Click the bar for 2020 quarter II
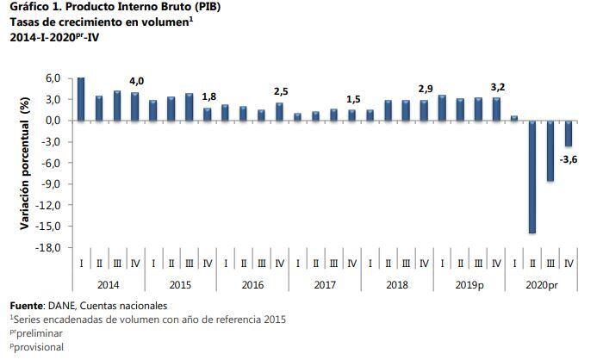click(x=532, y=177)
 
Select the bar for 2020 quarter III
click(x=550, y=151)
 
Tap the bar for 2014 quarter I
click(x=81, y=99)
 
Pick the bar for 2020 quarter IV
click(x=569, y=133)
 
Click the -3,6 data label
click(x=569, y=159)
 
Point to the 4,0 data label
click(x=136, y=81)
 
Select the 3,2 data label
click(x=497, y=86)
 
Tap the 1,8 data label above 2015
click(x=208, y=97)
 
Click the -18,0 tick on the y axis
click(x=47, y=248)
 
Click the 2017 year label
click(x=325, y=284)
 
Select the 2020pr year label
click(x=542, y=284)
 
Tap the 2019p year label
click(x=469, y=284)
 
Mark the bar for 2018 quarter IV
click(x=424, y=110)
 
